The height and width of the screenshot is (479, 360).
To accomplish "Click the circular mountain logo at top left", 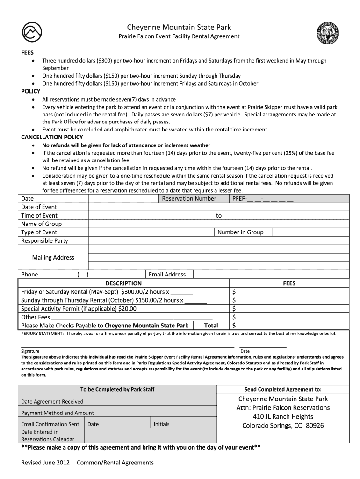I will (32, 31).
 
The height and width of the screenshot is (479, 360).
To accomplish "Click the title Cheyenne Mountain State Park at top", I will (180, 28).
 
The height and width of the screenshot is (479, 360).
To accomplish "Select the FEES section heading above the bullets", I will (27, 52).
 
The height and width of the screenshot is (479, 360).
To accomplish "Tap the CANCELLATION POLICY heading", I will (52, 137).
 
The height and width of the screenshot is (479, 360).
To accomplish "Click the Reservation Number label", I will (189, 198).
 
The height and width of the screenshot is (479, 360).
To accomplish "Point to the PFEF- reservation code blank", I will (263, 199).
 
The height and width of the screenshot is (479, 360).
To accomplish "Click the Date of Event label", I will (39, 207).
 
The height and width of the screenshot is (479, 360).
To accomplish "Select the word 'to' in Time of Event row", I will (218, 216).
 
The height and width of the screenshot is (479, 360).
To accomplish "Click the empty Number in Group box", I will (310, 232).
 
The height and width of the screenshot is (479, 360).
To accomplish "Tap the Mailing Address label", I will (53, 257).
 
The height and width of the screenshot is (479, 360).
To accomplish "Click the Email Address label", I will (167, 274).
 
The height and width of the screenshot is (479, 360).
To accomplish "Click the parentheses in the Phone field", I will (83, 275).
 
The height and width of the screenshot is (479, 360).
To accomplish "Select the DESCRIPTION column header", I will (123, 283).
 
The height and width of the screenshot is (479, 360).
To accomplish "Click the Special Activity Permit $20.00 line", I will (79, 308).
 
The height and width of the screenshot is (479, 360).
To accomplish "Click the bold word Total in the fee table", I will (211, 326).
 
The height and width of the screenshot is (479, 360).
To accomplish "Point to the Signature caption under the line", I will (30, 351).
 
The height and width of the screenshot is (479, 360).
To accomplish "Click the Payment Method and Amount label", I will (58, 413).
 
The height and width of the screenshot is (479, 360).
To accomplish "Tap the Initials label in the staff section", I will (161, 424).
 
